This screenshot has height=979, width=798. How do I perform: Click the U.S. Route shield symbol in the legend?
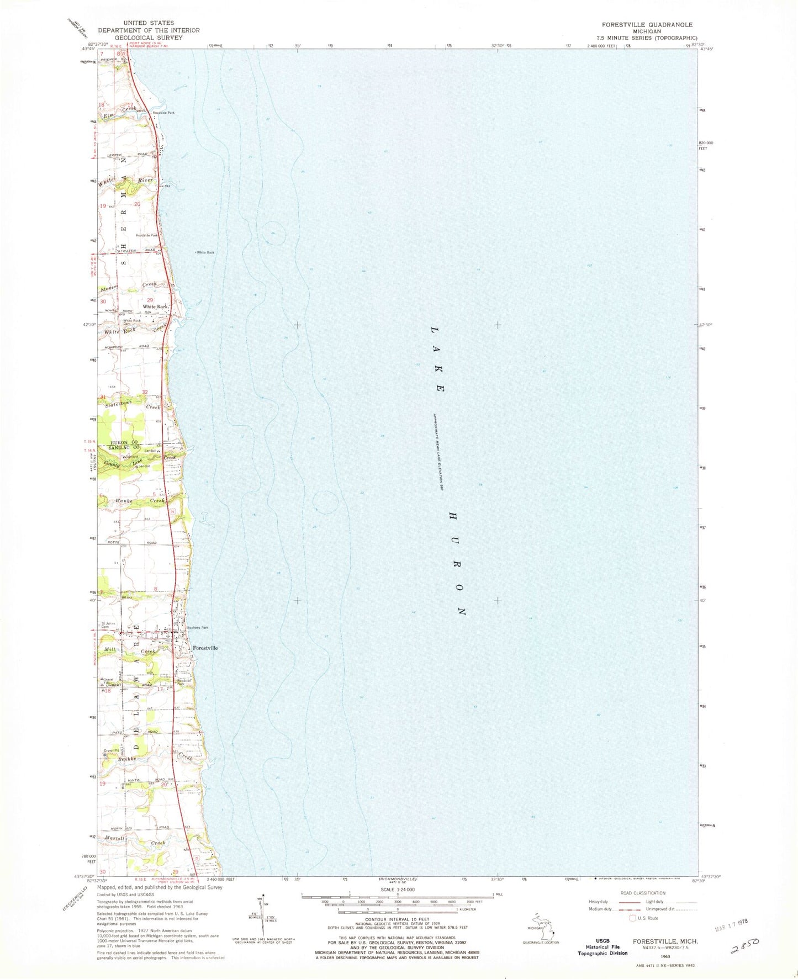[633, 918]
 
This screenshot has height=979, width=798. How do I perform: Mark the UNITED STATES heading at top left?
[149, 23]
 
